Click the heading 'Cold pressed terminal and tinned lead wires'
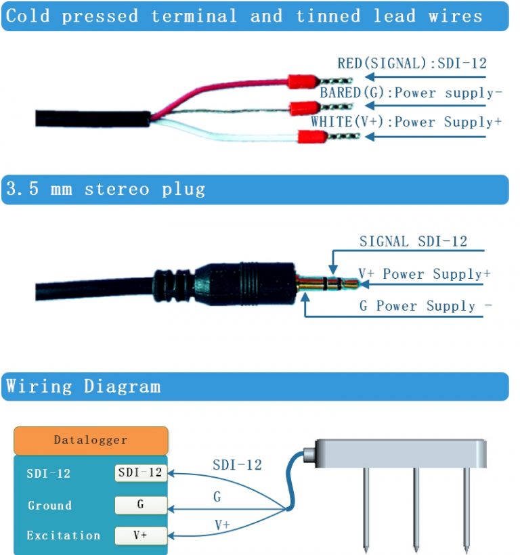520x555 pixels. [244, 16]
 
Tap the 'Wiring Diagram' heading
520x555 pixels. [83, 387]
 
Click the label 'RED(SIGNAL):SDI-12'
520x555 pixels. [412, 64]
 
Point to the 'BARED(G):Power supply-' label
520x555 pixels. [410, 93]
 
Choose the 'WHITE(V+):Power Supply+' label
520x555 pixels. [406, 122]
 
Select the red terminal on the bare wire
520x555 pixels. [304, 108]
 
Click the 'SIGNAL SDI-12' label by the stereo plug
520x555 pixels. [413, 242]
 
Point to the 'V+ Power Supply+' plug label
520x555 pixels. [424, 274]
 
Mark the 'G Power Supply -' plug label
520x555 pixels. [425, 306]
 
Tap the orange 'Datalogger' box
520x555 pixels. [91, 441]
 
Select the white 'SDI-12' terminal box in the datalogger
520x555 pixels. [140, 473]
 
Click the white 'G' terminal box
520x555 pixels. [140, 505]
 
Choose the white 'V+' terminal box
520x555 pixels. [140, 535]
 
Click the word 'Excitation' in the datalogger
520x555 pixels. [64, 535]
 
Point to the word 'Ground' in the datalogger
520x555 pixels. [49, 506]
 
